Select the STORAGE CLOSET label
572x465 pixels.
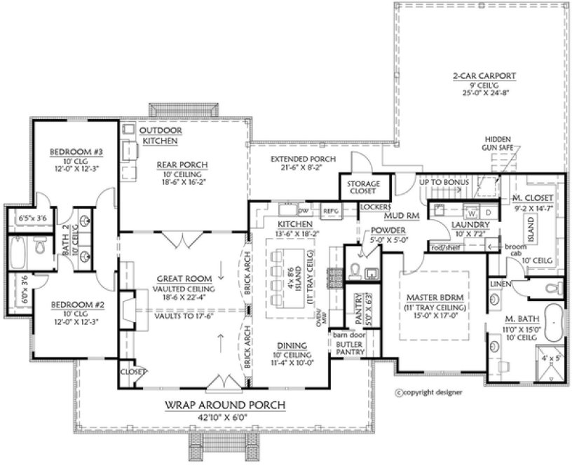point(365,188)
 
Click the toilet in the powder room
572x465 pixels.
point(355,270)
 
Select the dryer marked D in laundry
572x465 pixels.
point(488,211)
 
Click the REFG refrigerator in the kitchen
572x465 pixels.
point(330,209)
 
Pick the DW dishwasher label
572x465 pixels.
point(304,209)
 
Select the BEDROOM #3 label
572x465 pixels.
point(69,151)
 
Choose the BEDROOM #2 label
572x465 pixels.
point(69,306)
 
